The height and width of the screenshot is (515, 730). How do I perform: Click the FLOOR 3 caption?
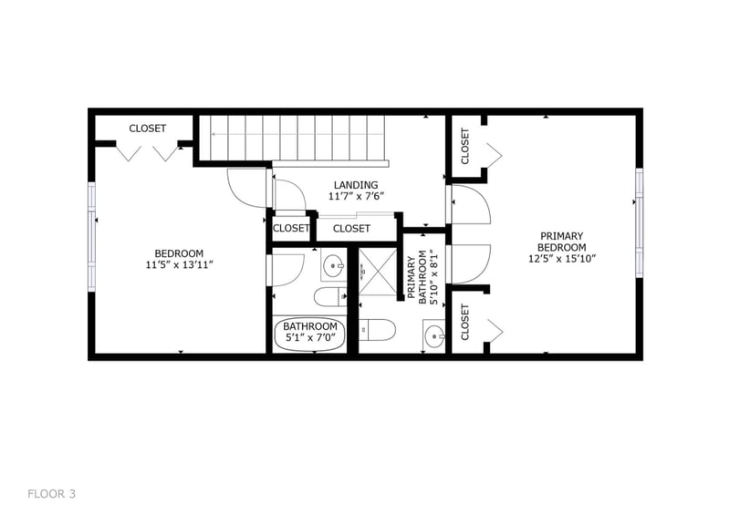51,494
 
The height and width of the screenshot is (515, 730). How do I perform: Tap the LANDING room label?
355,185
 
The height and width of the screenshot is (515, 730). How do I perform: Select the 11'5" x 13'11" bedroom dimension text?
179,266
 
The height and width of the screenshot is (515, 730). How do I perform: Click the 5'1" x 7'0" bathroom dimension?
310,338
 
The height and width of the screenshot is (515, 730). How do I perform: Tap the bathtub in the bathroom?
310,333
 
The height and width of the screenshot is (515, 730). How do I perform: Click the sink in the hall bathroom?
333,267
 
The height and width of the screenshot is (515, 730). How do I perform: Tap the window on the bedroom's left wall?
91,236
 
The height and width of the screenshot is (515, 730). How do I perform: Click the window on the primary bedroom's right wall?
640,220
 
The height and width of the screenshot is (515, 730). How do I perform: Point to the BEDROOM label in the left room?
179,253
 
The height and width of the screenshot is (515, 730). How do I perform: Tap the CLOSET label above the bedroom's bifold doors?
147,129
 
